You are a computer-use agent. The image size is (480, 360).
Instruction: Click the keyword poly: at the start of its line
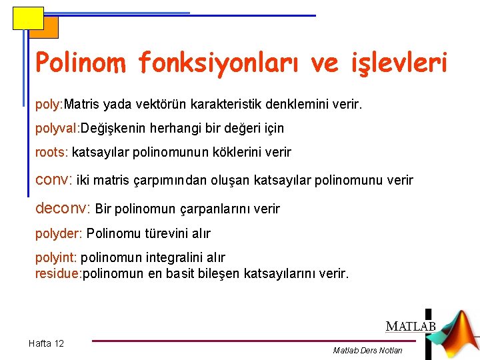(49, 105)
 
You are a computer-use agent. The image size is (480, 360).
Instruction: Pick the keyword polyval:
(57, 128)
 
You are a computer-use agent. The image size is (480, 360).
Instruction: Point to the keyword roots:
(51, 152)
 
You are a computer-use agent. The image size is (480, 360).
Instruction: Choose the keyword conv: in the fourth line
(54, 180)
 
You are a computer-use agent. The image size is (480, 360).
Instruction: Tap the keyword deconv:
(63, 209)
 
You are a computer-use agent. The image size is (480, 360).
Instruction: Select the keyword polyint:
(56, 257)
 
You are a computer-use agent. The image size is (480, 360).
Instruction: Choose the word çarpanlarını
(217, 209)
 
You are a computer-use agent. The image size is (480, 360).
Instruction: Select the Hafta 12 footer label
(46, 343)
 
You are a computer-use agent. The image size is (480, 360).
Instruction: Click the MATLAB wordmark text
(410, 327)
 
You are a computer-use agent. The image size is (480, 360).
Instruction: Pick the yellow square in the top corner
(27, 18)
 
